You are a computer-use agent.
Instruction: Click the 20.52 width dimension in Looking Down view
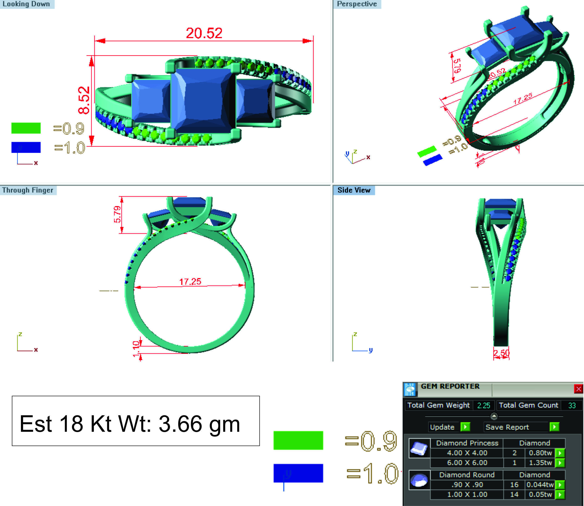204,33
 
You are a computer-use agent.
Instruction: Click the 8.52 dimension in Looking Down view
84,100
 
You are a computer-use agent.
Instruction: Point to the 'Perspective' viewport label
357,4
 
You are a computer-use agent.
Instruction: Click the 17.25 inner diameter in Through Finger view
190,281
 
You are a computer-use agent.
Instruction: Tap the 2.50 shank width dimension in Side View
501,353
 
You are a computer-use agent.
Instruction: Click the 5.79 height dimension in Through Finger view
117,214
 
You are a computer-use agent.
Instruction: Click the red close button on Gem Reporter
578,389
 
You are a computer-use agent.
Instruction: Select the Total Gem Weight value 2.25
484,406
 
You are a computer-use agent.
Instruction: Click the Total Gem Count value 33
571,406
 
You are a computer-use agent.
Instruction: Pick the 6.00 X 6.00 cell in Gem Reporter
467,463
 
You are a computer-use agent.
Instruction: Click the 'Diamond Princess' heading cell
467,443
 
